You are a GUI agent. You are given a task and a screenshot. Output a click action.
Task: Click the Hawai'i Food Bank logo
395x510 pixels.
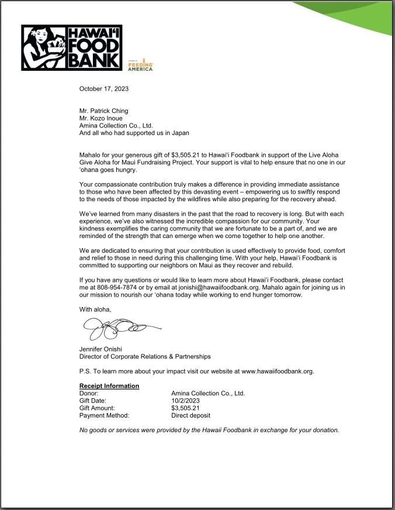tap(71, 47)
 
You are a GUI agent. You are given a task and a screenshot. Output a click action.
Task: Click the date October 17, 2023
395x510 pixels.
tap(104, 89)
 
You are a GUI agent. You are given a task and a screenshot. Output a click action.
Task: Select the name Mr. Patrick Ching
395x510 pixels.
tap(104, 111)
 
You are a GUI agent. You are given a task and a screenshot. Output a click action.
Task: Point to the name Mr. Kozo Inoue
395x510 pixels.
tap(101, 118)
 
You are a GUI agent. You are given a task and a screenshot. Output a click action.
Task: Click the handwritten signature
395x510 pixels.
tap(120, 329)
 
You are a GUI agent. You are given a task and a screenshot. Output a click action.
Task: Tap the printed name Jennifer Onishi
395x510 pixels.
tap(101, 349)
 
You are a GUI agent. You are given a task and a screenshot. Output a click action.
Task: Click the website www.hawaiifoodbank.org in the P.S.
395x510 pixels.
tap(278, 371)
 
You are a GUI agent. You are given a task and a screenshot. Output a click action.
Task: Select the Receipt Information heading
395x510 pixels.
tap(109, 386)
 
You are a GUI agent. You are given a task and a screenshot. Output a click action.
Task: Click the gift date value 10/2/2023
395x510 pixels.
tap(186, 401)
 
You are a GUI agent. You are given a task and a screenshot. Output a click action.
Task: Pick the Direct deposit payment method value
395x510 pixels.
tap(190, 416)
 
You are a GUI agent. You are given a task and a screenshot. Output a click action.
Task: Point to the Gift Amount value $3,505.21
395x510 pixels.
tap(185, 408)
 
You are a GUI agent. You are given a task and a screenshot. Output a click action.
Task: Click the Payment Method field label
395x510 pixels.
tap(104, 416)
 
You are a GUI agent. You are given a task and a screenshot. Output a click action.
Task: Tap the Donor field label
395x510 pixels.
tap(89, 394)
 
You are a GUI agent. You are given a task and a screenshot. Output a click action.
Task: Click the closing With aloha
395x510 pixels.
tap(95, 309)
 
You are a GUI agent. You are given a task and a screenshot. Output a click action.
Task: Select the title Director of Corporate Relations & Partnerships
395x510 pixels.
tap(145, 356)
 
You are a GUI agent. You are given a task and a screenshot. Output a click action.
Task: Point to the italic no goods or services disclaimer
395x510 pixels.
tap(209, 430)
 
